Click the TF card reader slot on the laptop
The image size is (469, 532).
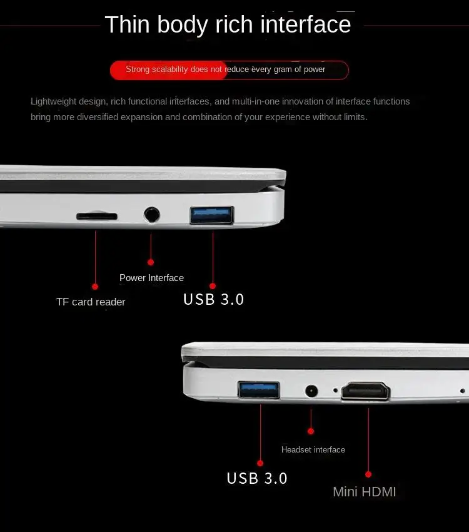point(96,217)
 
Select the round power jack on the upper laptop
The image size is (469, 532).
point(151,215)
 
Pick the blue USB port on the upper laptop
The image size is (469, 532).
point(212,215)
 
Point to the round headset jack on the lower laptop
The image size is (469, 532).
point(311,391)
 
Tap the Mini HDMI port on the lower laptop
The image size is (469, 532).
point(365,392)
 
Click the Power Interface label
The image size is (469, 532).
point(151,278)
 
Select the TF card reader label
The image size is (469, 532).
point(91,302)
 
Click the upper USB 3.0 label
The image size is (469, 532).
point(213,299)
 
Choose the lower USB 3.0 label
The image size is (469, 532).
point(257,478)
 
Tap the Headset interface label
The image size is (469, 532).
point(313,449)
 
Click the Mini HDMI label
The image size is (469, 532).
point(364,492)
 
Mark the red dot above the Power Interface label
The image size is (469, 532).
point(151,262)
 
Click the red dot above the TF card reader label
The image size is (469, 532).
point(95,287)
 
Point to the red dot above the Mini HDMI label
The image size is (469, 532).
point(368,474)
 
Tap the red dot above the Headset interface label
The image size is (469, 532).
point(311,431)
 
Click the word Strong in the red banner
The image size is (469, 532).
point(138,69)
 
